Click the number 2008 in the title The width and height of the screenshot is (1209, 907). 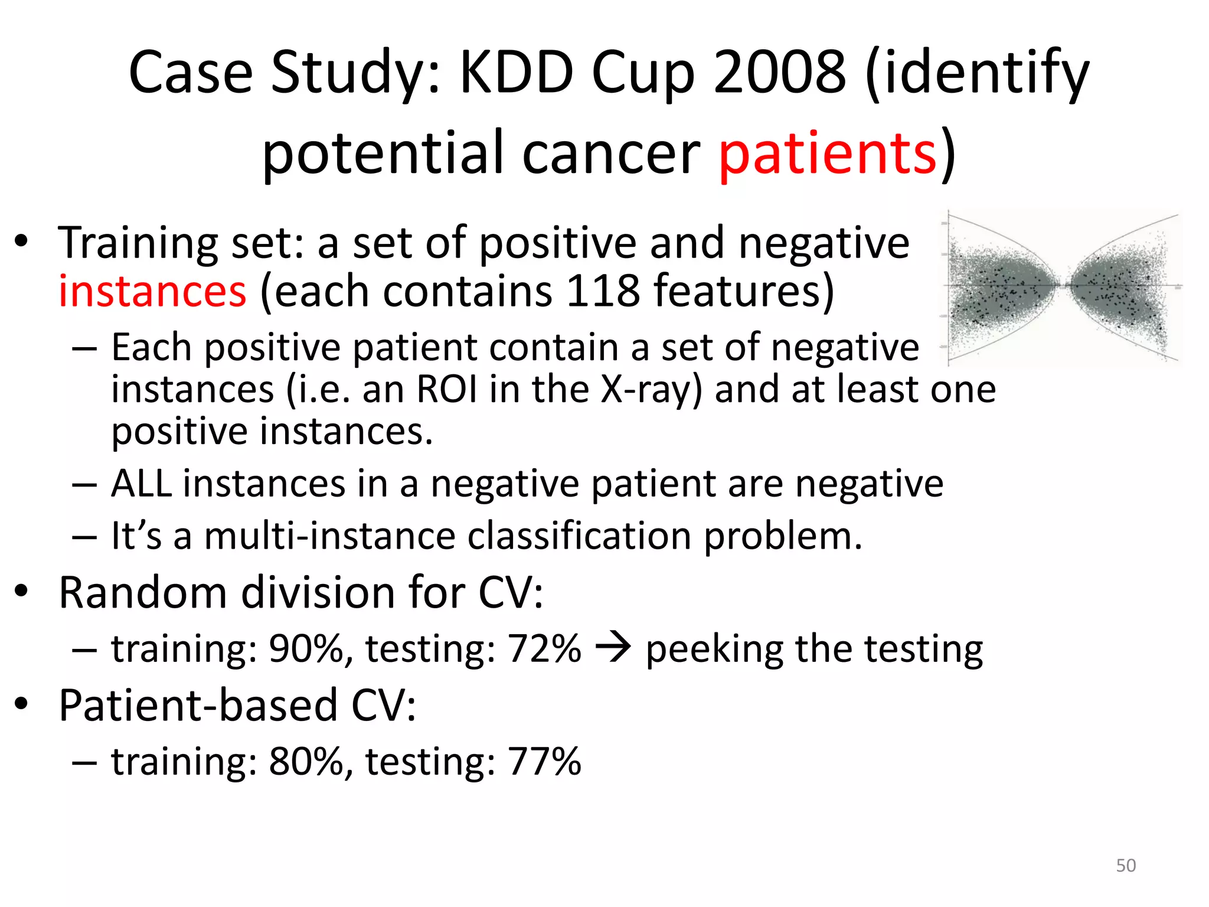tap(779, 72)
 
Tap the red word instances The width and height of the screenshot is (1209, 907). tap(152, 291)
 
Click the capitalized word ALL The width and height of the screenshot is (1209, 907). tap(141, 484)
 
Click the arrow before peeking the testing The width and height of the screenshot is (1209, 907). tap(613, 648)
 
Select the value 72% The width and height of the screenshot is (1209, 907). tap(544, 648)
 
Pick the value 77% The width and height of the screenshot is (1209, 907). tap(544, 761)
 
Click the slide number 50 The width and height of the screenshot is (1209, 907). tap(1126, 865)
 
